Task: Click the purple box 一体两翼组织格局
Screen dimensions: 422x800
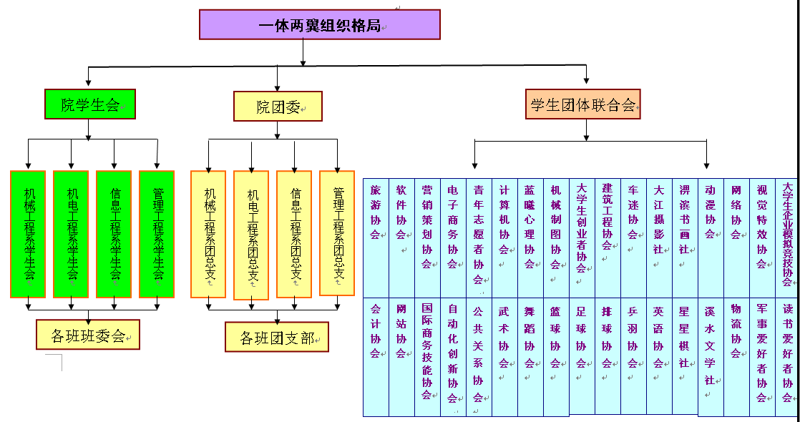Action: tap(319, 24)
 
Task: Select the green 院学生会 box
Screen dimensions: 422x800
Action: tap(89, 104)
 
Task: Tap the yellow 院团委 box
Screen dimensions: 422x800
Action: tap(278, 107)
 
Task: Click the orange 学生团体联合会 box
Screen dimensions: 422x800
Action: tap(582, 104)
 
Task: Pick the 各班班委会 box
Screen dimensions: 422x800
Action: tap(88, 334)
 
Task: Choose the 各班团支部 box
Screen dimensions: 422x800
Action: tap(276, 337)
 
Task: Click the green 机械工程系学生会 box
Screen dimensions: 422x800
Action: tap(29, 234)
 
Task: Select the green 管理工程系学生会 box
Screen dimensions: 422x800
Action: tap(157, 234)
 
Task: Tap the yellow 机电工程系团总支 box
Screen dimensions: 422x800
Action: tap(251, 235)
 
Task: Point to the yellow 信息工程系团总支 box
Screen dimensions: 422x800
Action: tap(295, 234)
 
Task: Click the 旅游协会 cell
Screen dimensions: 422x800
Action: tap(376, 238)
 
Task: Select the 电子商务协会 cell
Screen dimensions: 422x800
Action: tap(453, 238)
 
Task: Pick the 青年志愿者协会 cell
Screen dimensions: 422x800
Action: tap(479, 238)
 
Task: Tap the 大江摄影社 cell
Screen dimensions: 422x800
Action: tap(659, 238)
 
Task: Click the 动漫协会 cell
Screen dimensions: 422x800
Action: tap(711, 238)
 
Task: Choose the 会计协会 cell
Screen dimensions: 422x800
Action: tap(376, 357)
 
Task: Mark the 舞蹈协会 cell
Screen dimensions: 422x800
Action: tap(530, 357)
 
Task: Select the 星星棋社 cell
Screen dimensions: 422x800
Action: tap(685, 357)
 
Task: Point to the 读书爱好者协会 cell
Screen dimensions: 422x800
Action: tap(788, 357)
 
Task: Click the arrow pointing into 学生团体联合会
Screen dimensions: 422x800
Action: tap(587, 80)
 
